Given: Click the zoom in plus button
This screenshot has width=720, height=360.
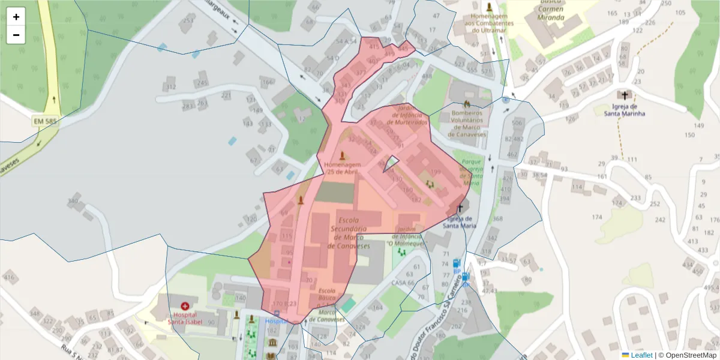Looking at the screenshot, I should click(16, 17).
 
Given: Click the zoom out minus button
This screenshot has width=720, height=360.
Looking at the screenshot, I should click(16, 35).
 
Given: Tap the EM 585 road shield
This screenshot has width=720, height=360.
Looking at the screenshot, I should click(46, 121).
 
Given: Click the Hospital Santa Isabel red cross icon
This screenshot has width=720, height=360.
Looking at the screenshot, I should click(184, 306).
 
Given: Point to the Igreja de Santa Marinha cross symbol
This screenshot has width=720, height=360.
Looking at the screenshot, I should click(625, 95).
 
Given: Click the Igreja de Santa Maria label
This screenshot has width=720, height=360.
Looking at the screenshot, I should click(460, 223).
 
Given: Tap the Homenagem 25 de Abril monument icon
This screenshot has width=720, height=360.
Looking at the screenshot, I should click(343, 155).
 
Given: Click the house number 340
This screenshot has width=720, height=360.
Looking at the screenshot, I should click(74, 201).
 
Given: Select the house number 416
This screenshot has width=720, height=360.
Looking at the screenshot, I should click(9, 277).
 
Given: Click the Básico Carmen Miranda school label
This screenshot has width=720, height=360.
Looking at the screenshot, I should click(551, 11).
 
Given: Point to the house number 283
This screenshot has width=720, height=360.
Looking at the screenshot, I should click(188, 107).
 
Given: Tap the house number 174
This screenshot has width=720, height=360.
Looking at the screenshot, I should click(597, 217).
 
